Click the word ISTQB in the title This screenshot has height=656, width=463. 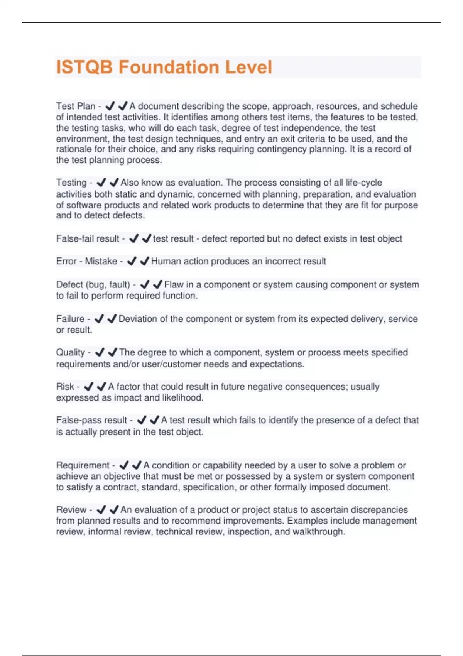pos(84,67)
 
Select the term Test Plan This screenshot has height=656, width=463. pos(76,106)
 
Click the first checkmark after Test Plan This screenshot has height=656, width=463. pos(110,106)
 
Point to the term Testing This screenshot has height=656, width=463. pos(71,183)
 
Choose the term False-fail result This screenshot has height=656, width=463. pos(88,239)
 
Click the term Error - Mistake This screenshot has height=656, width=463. pos(86,261)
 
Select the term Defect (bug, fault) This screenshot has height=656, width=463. pos(93,285)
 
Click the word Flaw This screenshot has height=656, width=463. pos(174,285)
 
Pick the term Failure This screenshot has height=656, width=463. pos(70,319)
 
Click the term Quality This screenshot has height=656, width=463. pos(71,352)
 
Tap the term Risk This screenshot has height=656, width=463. pos(65,387)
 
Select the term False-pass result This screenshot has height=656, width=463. pos(91,420)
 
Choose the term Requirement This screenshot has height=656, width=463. pos(83,465)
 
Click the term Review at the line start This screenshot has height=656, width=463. pos(71,510)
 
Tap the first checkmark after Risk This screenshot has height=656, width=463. pos(89,386)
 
